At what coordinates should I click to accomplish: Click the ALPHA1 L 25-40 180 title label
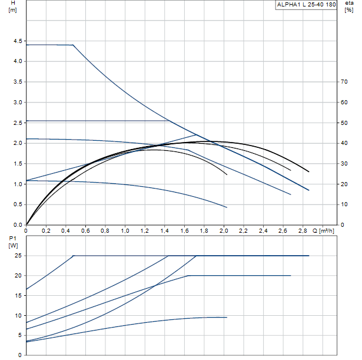pos(306,5)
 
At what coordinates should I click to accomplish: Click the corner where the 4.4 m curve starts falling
pos(74,45)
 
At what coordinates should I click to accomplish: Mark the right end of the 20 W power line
pos(291,275)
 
